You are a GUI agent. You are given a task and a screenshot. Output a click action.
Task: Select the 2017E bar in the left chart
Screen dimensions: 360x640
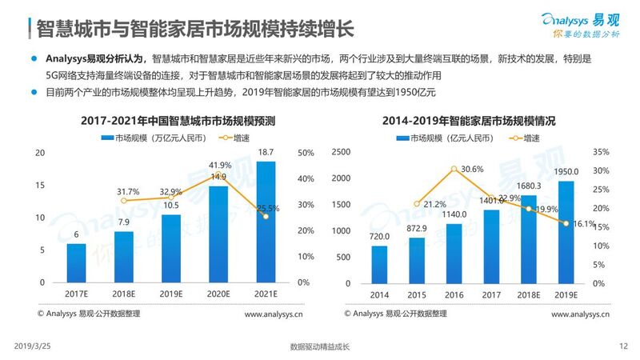tap(76, 263)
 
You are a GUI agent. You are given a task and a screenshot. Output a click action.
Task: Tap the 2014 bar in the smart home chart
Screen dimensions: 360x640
tap(379, 264)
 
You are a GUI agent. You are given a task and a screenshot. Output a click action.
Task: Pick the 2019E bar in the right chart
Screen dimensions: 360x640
tap(566, 232)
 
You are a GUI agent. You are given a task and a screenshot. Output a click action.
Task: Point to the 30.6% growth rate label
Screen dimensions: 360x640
tap(472, 169)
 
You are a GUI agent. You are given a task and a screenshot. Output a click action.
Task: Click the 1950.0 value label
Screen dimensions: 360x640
tap(566, 171)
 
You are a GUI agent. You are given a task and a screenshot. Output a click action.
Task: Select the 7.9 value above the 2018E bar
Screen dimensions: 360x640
tap(123, 222)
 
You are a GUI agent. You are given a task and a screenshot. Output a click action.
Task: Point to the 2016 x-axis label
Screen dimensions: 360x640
tap(454, 294)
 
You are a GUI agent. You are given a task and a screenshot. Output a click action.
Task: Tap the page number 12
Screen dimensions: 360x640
tap(624, 346)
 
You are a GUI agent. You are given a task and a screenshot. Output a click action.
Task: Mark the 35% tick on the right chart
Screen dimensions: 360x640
tap(601, 152)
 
